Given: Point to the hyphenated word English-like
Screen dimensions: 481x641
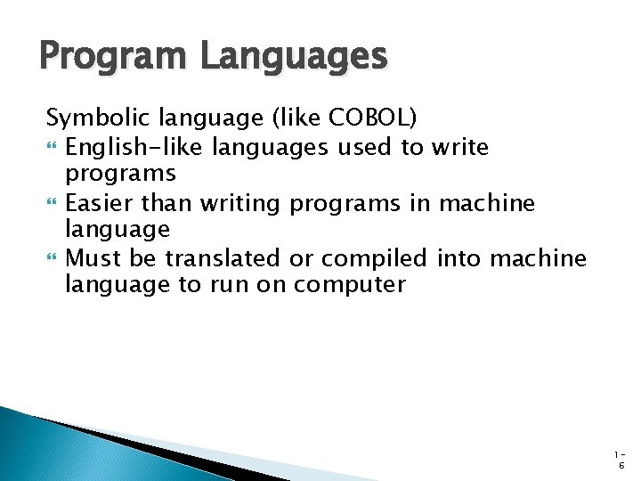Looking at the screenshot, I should [124, 146].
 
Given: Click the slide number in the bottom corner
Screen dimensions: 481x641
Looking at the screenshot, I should [621, 460].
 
